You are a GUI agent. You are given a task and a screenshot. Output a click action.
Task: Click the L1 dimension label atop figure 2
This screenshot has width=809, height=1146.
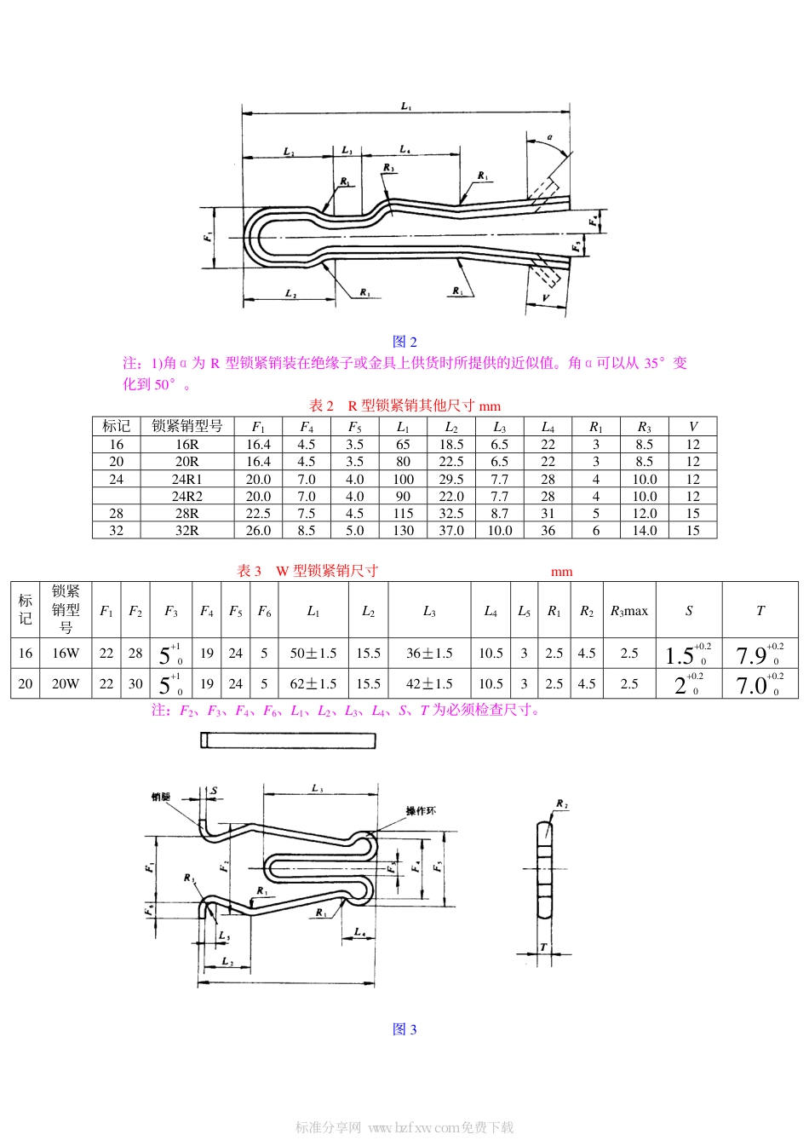[x=406, y=107]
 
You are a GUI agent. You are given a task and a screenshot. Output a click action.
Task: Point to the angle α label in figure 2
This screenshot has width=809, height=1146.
[x=550, y=136]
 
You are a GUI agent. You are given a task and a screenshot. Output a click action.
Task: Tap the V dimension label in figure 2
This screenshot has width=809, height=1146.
[x=546, y=298]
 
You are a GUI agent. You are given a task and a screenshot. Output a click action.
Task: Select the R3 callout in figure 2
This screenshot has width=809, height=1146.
[x=388, y=169]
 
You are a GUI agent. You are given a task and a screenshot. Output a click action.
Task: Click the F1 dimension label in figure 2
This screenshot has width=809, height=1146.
[x=208, y=237]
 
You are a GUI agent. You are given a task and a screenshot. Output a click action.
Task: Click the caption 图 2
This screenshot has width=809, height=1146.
[x=404, y=342]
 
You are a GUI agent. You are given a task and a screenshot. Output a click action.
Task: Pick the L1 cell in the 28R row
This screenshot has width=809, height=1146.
[x=403, y=513]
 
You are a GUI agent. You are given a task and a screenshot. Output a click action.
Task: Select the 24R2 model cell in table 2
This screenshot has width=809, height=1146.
[x=186, y=496]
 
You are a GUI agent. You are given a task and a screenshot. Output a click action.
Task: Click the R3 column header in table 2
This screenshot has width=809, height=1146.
[x=644, y=426]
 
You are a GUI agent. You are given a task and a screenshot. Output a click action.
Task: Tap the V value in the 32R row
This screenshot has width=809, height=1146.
[x=692, y=530]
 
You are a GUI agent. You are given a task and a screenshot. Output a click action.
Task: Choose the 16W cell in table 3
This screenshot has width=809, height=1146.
[x=66, y=653]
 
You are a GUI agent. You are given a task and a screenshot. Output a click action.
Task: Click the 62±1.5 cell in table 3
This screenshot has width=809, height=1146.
[x=313, y=683]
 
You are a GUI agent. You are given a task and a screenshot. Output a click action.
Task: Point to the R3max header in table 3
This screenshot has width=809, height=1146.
[x=628, y=611]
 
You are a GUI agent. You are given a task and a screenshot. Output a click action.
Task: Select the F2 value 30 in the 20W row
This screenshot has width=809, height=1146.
[x=135, y=683]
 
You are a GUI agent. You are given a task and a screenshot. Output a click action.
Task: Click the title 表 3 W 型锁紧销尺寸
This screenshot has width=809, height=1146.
[x=307, y=571]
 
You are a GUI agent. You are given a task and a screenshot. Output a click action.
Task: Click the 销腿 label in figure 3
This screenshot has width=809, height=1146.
[x=160, y=797]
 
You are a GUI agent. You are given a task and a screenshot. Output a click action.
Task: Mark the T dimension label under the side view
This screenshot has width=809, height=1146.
[x=543, y=947]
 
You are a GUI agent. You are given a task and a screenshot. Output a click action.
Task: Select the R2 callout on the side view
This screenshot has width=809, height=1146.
[x=561, y=803]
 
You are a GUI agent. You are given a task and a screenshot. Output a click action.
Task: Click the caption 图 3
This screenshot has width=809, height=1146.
[x=404, y=1029]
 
